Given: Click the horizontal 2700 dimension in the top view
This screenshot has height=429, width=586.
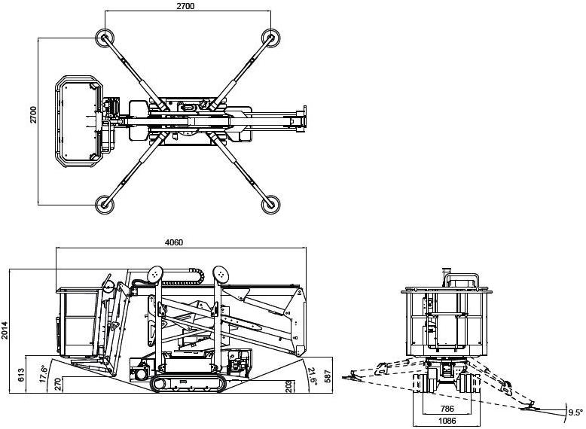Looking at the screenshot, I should point(185,6).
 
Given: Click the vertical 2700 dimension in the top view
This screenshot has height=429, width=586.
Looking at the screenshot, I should point(33,114).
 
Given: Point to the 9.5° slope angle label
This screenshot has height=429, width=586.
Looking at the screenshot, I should point(575,412).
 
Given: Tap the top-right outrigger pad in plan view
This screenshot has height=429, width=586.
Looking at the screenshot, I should point(270,37).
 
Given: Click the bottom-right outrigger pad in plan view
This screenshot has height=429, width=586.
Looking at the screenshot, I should point(270,204).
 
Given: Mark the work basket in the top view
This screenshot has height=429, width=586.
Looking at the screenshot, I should point(79,120).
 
